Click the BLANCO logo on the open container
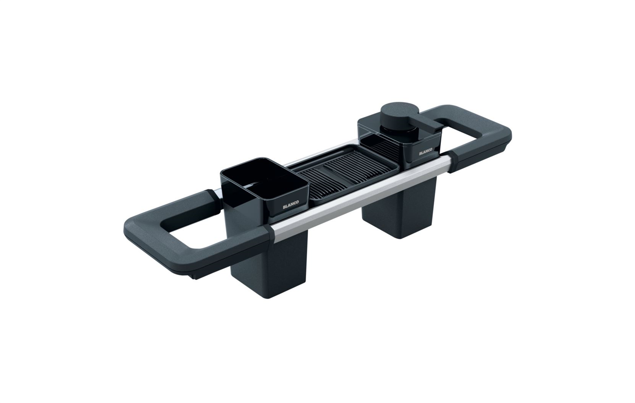[291, 207]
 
